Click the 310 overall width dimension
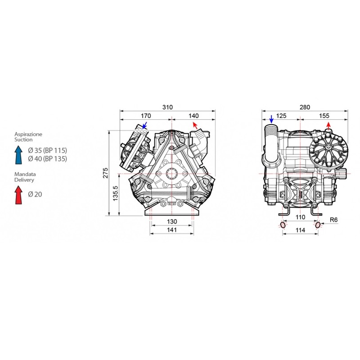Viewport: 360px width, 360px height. coord(167,107)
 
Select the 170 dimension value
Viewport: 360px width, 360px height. coord(146,116)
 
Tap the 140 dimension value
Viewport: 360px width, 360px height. coord(193,116)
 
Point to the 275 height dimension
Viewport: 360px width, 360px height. coord(105,173)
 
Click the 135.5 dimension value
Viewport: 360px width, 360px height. coord(115,193)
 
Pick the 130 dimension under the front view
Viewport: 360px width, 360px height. coord(172,221)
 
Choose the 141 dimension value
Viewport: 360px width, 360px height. coord(172,230)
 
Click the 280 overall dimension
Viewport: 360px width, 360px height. coord(305,107)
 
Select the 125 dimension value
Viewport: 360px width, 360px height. coord(281,116)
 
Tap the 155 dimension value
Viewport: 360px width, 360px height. coord(324,116)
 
